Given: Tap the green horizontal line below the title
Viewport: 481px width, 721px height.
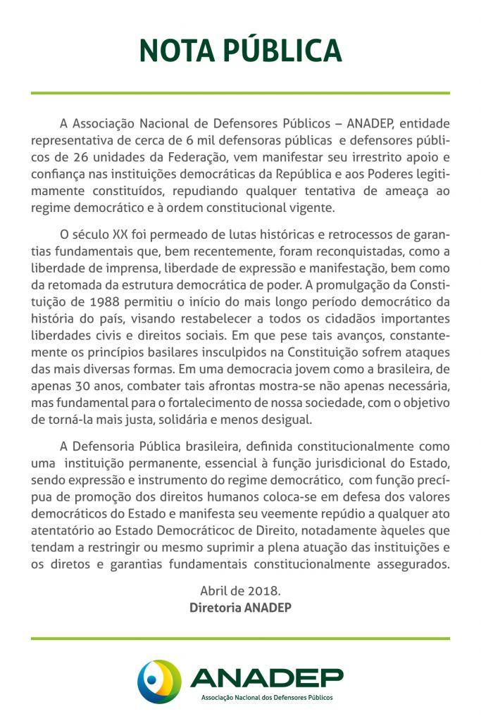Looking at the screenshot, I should click(x=240, y=93).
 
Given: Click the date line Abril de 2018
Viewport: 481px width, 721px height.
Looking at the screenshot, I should click(x=240, y=591).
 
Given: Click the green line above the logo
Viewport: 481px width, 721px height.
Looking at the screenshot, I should click(x=240, y=639).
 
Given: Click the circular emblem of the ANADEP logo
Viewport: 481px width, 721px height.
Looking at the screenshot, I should click(x=159, y=680).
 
